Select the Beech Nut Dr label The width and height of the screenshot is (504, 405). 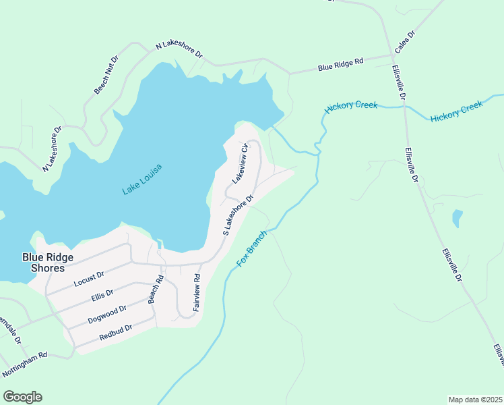point(106,74)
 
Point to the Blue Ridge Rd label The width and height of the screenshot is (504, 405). point(340,65)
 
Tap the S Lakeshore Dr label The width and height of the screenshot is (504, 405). point(238,215)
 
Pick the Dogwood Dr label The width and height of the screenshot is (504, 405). point(106,315)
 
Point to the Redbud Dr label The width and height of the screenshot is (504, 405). point(114,332)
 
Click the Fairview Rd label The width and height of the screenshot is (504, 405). point(197,292)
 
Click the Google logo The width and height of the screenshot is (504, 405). point(22,397)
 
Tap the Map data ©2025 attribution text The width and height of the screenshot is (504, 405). point(475,400)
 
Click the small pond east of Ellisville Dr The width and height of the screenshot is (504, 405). point(458,218)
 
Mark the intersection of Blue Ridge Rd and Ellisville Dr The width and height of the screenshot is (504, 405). point(393,57)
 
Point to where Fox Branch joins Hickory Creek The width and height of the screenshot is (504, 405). point(317,154)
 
